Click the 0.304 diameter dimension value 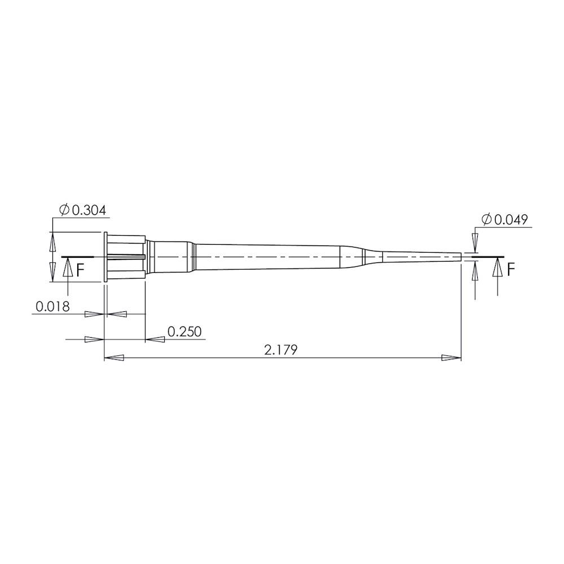tap(89, 210)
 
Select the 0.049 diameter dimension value tap(511, 219)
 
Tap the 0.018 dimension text tap(52, 306)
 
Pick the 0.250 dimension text tap(184, 332)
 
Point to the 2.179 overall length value tap(281, 350)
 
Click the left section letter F tap(81, 270)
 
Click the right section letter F tap(511, 270)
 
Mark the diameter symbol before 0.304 tap(64, 210)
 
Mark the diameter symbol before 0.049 tap(486, 219)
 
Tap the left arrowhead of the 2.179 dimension tap(114, 358)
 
